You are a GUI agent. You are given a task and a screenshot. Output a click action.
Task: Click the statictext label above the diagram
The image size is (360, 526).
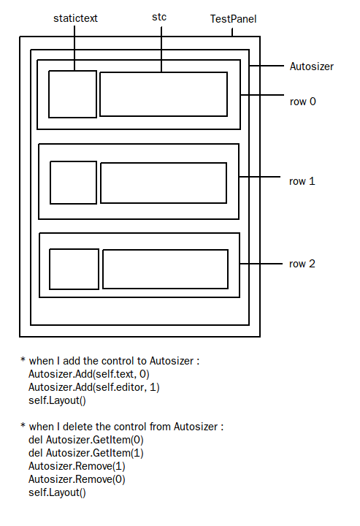pos(75,18)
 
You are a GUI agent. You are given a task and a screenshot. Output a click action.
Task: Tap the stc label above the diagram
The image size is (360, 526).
pos(159,17)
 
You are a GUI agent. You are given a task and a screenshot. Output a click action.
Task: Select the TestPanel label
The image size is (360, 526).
pos(233,19)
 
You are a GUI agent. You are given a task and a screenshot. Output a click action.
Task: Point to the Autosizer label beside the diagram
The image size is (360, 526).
pos(312,66)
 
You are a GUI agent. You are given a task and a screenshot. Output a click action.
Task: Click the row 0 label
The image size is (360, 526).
pos(303,102)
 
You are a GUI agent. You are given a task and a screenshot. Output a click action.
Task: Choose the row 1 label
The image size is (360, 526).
pos(302,181)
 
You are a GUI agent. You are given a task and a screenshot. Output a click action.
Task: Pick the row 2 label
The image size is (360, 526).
pos(302,264)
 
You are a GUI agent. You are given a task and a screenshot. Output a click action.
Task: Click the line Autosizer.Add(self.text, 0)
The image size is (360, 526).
pos(89,374)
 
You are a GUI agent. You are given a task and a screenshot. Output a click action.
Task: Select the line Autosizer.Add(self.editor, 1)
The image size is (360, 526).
pos(94,387)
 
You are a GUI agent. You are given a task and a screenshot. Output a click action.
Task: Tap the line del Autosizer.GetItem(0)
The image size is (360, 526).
pos(86,440)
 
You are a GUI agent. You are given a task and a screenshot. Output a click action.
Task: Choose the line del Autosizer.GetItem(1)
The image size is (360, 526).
pos(86,453)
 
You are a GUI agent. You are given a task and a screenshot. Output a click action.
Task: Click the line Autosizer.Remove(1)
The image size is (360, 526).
pos(77,466)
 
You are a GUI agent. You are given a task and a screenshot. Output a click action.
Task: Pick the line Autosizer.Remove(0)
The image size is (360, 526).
pos(77,479)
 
